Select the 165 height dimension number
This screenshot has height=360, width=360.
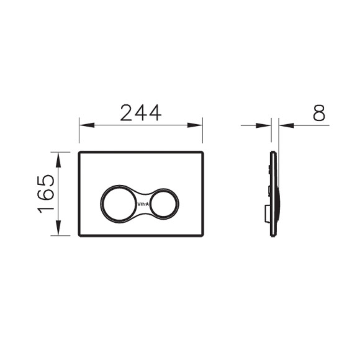pos(47,194)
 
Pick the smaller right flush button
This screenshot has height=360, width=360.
pos(164,202)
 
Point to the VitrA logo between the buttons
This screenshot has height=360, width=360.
pos(142,202)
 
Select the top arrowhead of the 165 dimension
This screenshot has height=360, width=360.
pos(59,155)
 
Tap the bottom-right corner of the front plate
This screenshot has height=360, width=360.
pos(202,235)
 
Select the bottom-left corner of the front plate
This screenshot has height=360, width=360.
pos(80,235)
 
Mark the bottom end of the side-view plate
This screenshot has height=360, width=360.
pos(272,235)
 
